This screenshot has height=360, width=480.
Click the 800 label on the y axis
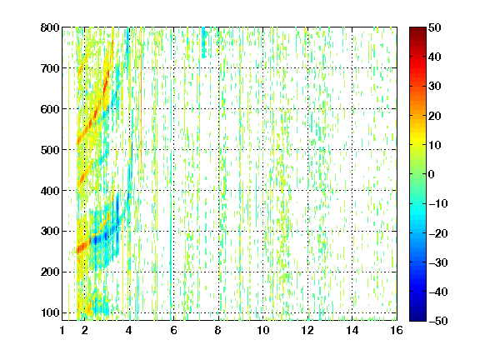[x=50, y=27]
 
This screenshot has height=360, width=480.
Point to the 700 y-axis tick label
[x=50, y=68]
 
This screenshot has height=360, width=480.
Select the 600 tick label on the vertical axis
[x=50, y=109]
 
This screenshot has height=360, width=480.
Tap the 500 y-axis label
[x=50, y=150]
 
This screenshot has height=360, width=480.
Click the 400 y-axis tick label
[x=50, y=191]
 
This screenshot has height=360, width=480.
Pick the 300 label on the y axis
[x=50, y=231]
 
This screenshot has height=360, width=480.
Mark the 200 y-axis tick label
[x=50, y=272]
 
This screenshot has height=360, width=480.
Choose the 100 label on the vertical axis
[x=50, y=312]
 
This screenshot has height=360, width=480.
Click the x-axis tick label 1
[x=62, y=330]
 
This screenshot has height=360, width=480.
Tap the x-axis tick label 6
[x=173, y=330]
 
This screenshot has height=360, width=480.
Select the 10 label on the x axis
[x=262, y=330]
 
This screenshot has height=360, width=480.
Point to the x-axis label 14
[x=352, y=330]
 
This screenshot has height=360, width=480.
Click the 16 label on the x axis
[x=397, y=330]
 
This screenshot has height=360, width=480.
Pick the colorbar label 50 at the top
[x=434, y=27]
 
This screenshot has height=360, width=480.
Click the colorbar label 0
[x=432, y=174]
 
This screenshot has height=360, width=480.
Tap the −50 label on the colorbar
[x=438, y=321]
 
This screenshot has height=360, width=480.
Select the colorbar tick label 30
[x=434, y=87]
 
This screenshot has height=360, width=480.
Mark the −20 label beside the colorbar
[x=438, y=233]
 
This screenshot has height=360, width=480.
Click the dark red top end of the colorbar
[x=417, y=29]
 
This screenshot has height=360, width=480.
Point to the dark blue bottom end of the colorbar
[x=417, y=318]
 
